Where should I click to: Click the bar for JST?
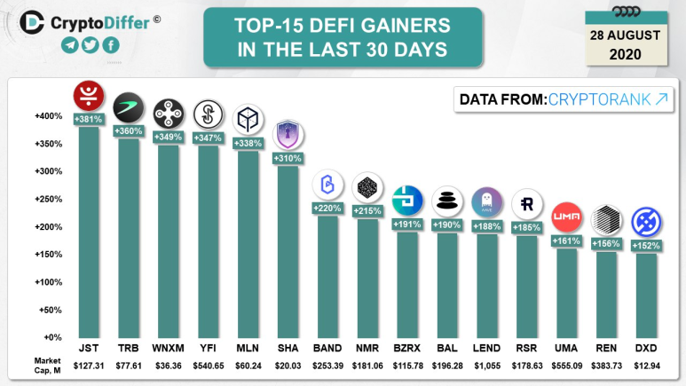pyautogui.click(x=89, y=231)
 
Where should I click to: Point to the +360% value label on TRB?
pyautogui.click(x=129, y=131)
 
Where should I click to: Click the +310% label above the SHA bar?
pyautogui.click(x=288, y=158)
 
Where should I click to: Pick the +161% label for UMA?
pyautogui.click(x=566, y=240)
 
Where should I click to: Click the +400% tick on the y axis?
pyautogui.click(x=48, y=116)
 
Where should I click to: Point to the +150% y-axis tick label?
pyautogui.click(x=48, y=255)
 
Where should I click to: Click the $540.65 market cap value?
pyautogui.click(x=208, y=365)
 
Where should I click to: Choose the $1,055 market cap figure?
pyautogui.click(x=486, y=365)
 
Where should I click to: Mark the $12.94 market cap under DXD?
pyautogui.click(x=645, y=365)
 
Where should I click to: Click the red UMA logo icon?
pyautogui.click(x=566, y=216)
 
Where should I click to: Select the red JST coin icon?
pyautogui.click(x=89, y=94)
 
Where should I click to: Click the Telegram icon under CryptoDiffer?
pyautogui.click(x=70, y=45)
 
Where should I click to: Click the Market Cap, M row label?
pyautogui.click(x=48, y=365)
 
